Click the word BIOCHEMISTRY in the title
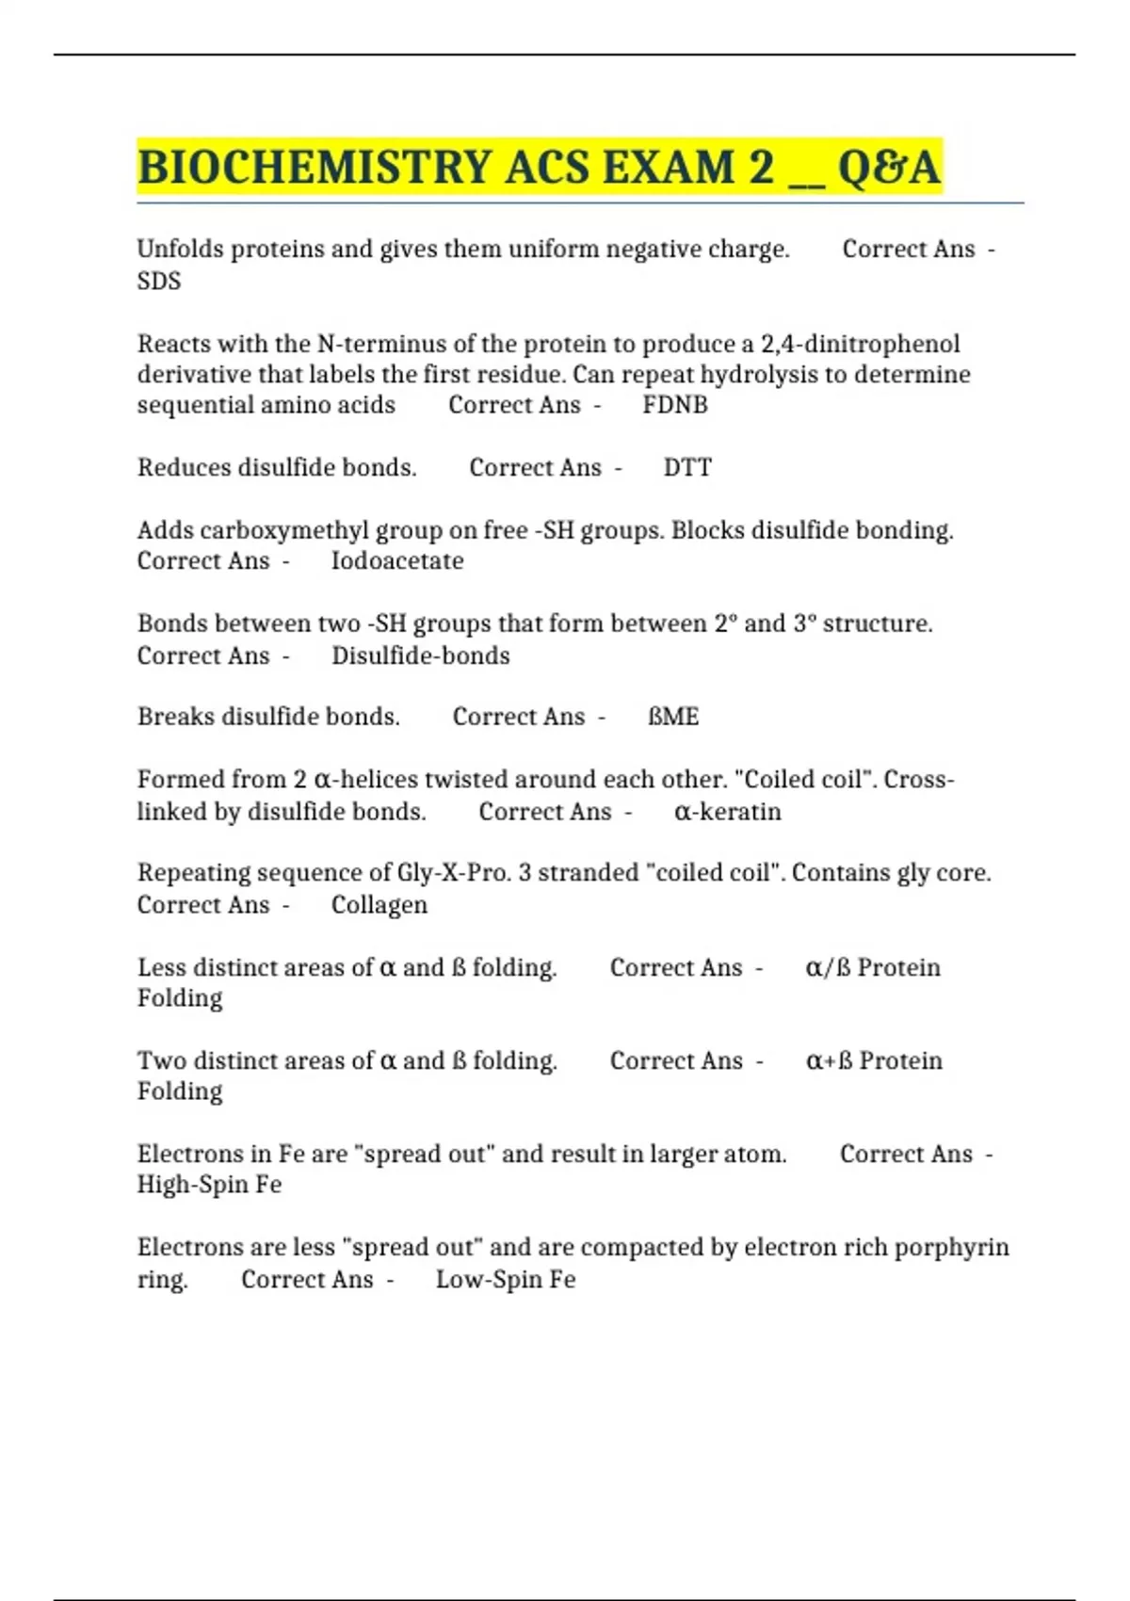click(x=315, y=168)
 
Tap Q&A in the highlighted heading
click(x=889, y=168)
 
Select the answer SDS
click(x=159, y=281)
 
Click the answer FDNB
click(x=675, y=405)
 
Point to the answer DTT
click(x=687, y=467)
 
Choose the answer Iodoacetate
click(x=397, y=560)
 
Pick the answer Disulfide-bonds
click(x=421, y=655)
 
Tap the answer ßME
click(x=673, y=717)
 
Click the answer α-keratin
click(x=728, y=811)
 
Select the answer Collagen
click(x=379, y=904)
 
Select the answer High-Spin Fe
click(x=209, y=1184)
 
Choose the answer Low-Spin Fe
click(x=506, y=1279)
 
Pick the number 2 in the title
click(x=761, y=168)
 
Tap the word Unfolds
click(x=180, y=249)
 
